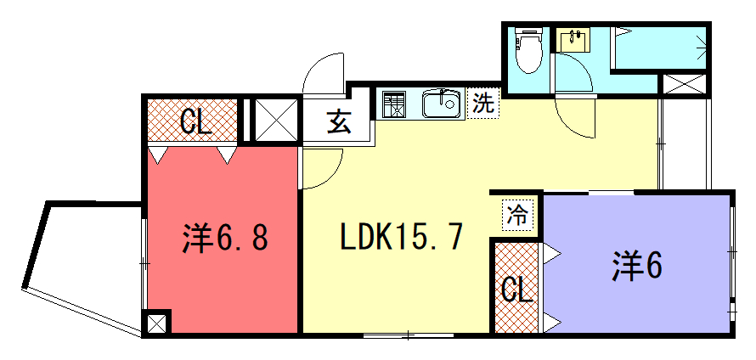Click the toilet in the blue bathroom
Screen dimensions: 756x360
tap(528, 51)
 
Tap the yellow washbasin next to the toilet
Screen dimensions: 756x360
tap(573, 41)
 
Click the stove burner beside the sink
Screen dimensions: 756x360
tap(394, 104)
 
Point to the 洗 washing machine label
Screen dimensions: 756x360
tap(483, 104)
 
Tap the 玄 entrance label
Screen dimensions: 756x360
tap(338, 123)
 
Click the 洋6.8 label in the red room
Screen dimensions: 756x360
tap(225, 238)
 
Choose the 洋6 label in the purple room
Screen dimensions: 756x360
tap(637, 267)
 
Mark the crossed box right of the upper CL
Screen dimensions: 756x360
tap(276, 120)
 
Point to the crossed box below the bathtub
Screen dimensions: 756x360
tap(685, 84)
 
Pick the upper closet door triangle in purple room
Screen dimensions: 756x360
tap(551, 253)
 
